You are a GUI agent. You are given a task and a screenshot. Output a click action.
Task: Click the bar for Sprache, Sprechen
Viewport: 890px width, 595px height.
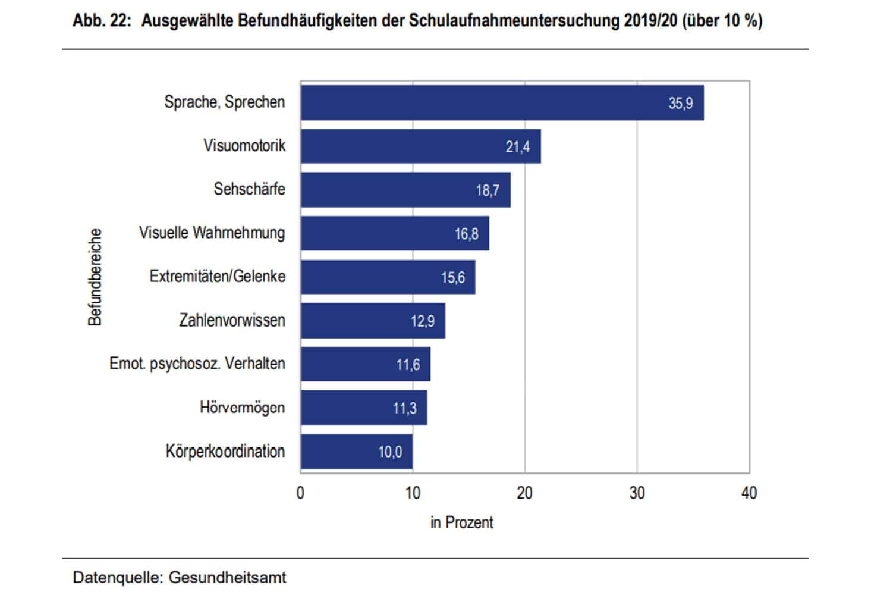coord(502,103)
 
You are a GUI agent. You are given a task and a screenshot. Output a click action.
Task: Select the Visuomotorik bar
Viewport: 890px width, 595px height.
coord(420,146)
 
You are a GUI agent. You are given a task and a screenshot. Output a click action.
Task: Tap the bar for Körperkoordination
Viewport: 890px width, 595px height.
coord(356,452)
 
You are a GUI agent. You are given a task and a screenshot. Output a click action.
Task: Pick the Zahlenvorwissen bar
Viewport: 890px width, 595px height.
coord(373,321)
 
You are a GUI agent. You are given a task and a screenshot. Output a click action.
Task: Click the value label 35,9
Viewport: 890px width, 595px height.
coord(680,104)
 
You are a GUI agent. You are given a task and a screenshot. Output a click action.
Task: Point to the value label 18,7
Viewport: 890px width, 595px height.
coord(488,190)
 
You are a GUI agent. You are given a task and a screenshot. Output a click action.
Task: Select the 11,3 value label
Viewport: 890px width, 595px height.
coord(404,408)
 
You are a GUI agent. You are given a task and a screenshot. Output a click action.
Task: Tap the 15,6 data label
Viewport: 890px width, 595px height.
coord(452,277)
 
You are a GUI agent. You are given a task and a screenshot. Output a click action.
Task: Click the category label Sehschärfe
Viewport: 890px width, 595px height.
coord(249,189)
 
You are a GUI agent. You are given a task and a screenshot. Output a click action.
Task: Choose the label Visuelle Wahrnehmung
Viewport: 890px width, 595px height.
coord(212,233)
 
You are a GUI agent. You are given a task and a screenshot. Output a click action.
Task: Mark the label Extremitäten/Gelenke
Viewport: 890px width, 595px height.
coord(217,277)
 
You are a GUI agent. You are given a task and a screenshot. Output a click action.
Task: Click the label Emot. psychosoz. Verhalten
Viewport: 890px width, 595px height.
coord(197,364)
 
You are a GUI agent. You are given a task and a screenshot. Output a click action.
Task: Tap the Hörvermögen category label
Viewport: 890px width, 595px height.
coord(242,408)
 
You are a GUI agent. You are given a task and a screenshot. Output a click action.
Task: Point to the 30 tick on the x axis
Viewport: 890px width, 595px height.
coord(637,493)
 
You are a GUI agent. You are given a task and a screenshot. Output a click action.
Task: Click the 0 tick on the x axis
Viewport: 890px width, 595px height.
coord(300,493)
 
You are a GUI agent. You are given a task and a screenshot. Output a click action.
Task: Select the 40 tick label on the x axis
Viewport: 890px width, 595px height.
coord(749,493)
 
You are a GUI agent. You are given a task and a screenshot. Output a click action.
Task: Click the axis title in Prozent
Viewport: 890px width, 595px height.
coord(462,522)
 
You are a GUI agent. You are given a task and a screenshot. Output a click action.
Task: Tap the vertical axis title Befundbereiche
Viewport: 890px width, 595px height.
coord(95,277)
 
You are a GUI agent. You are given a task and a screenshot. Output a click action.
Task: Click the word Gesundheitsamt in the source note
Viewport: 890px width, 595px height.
coord(227,577)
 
